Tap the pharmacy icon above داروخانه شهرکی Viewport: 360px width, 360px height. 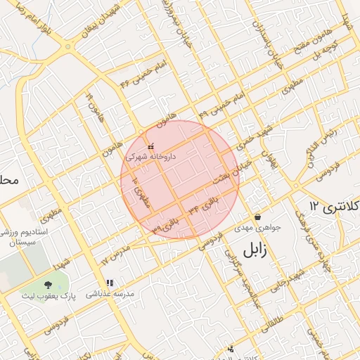[x=150, y=146]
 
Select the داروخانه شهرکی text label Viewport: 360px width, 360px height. [x=150, y=157]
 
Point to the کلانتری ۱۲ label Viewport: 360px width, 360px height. [x=335, y=207]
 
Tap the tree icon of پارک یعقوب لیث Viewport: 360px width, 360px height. [x=48, y=285]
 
